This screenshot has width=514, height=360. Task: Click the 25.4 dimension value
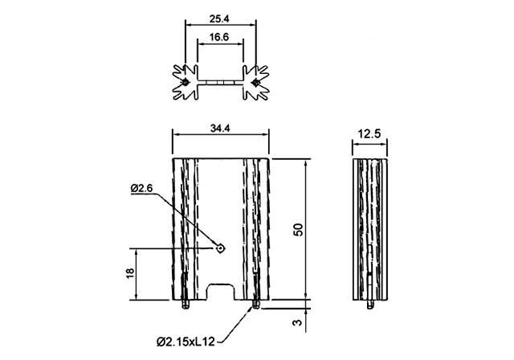pyautogui.click(x=219, y=18)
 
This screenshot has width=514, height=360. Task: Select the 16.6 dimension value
pyautogui.click(x=219, y=37)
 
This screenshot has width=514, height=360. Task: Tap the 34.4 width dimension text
pyautogui.click(x=220, y=129)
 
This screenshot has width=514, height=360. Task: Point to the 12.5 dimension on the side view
pyautogui.click(x=369, y=133)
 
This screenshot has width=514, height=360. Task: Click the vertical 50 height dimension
pyautogui.click(x=298, y=230)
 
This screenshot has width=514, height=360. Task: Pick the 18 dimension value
pyautogui.click(x=130, y=273)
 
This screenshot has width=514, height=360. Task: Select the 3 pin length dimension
pyautogui.click(x=297, y=322)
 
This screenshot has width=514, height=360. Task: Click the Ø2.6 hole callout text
pyautogui.click(x=141, y=189)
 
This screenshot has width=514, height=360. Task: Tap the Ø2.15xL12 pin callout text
pyautogui.click(x=186, y=342)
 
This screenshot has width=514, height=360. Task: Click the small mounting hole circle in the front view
pyautogui.click(x=221, y=248)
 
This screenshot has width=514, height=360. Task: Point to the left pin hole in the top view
pyautogui.click(x=186, y=82)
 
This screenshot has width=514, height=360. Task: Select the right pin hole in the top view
pyautogui.click(x=255, y=82)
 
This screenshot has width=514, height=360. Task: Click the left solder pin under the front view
pyautogui.click(x=186, y=305)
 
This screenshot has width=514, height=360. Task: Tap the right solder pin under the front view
pyautogui.click(x=255, y=305)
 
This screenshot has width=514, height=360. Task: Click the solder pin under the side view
pyautogui.click(x=370, y=305)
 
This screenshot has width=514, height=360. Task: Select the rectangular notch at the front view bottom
pyautogui.click(x=220, y=292)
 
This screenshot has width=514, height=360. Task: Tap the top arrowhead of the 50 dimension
pyautogui.click(x=306, y=162)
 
